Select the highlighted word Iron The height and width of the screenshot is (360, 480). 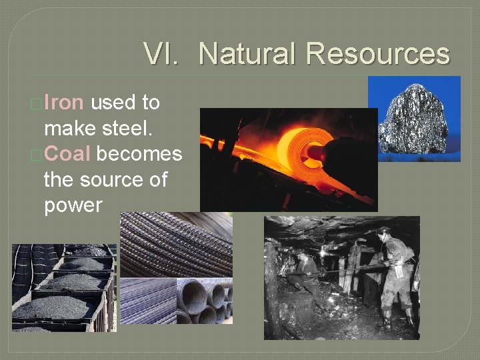point(64,103)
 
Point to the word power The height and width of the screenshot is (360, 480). point(73,205)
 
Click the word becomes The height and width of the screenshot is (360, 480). point(139,154)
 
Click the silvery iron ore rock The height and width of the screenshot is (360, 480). point(413,120)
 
